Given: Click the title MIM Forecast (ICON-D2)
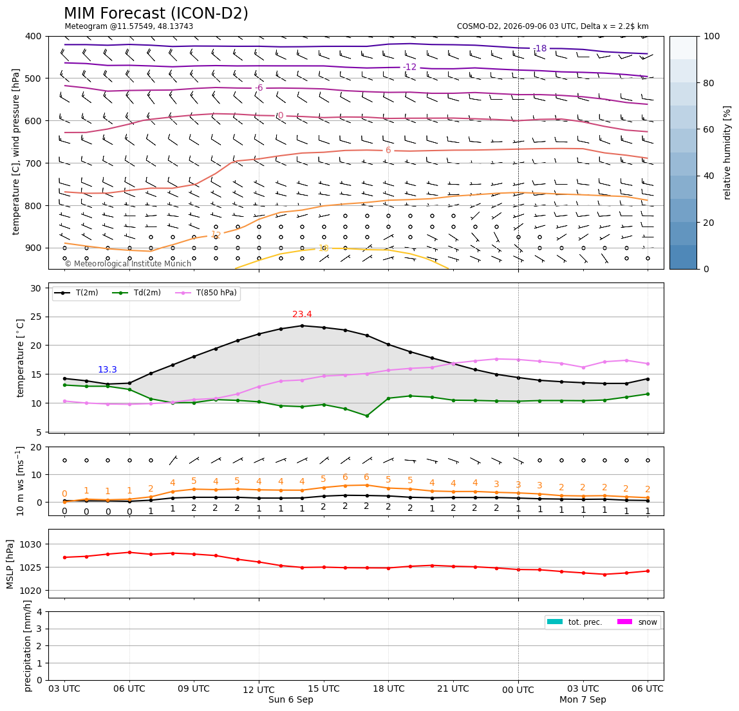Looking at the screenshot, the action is (x=156, y=14).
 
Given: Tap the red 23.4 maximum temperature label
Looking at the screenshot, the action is (x=302, y=314).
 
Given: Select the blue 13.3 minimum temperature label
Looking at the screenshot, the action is (x=108, y=370).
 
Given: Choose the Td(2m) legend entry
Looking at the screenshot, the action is (x=136, y=293).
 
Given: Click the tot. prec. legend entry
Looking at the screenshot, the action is (x=574, y=622).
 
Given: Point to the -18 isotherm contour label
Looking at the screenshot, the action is (x=539, y=48).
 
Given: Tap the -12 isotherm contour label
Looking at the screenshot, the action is (x=409, y=68).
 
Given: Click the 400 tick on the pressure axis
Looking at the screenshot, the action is (x=34, y=36).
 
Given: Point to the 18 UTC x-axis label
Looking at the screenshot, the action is (x=388, y=689).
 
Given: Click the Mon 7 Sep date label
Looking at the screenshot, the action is (x=583, y=699).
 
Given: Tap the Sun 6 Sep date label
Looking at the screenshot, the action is (x=291, y=699).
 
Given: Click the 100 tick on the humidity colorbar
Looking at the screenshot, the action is (x=711, y=36).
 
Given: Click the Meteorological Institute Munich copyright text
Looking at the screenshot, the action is (x=128, y=263).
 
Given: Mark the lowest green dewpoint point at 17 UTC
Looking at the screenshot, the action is (x=367, y=416).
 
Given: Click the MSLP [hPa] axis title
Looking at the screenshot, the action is (x=10, y=564).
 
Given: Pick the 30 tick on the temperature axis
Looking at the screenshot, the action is (x=37, y=288).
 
